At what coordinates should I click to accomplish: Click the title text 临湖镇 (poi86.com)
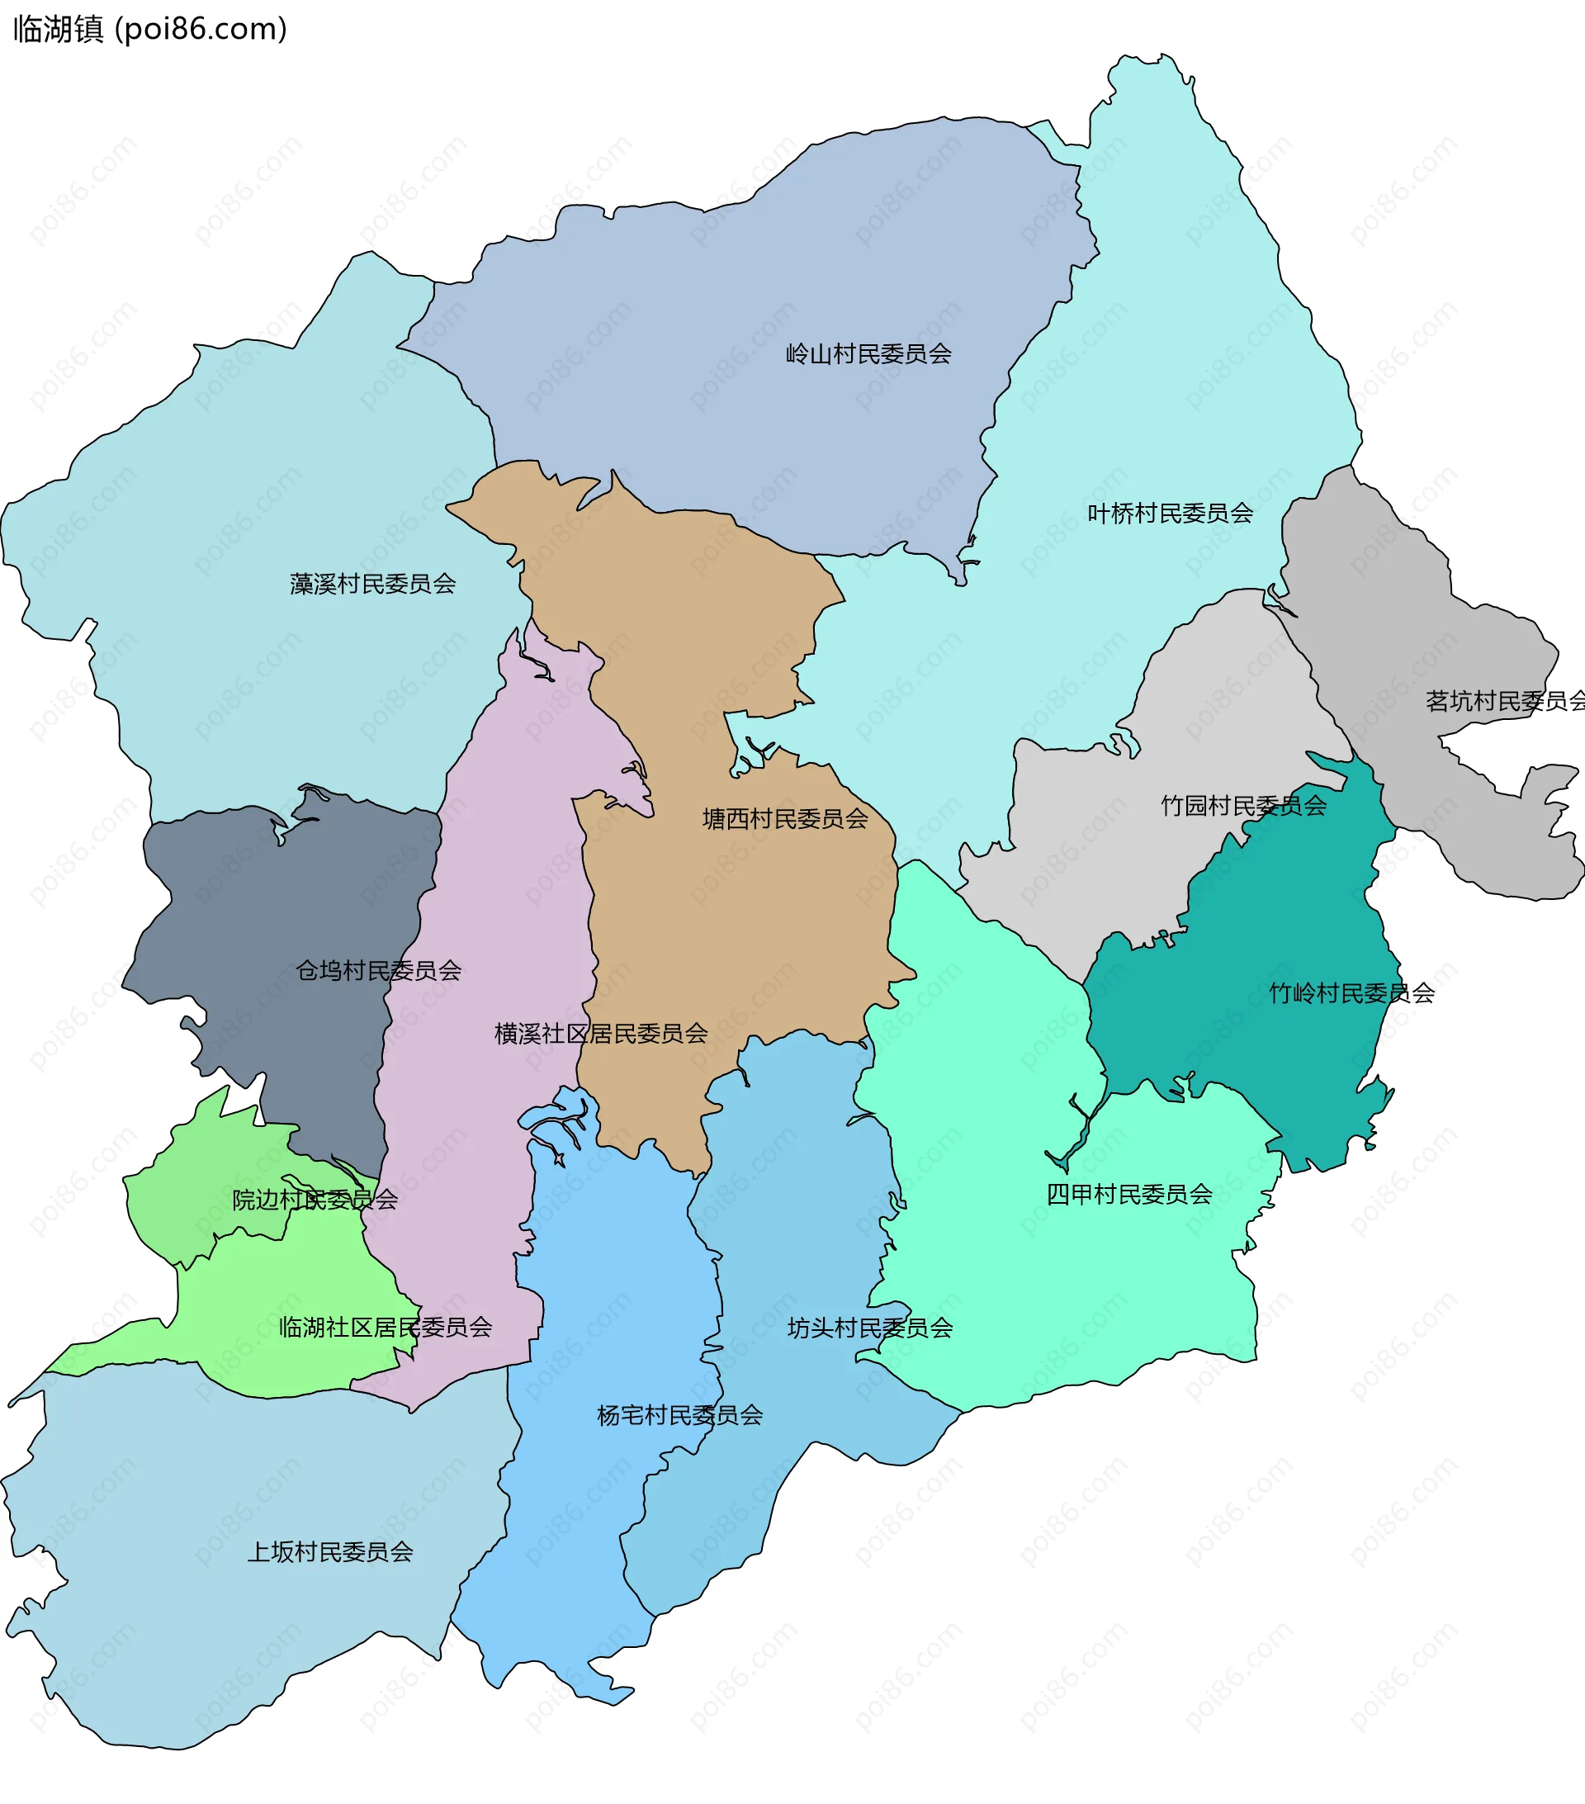150,29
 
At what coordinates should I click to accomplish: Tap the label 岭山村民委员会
868,355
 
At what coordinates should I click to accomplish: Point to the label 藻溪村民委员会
372,585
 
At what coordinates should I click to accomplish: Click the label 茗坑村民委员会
1505,702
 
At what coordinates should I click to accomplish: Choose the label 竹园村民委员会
1242,806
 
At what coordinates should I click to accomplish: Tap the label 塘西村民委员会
784,819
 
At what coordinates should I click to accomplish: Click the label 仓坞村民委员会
378,971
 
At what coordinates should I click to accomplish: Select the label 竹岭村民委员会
1351,994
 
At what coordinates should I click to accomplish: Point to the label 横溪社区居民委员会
600,1034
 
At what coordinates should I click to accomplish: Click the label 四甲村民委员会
1128,1195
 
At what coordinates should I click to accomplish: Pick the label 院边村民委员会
315,1200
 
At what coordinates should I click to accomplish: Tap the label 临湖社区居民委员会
385,1328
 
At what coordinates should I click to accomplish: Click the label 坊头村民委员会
869,1328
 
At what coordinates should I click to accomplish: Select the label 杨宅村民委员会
679,1416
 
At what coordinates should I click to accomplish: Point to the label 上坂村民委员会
329,1552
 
